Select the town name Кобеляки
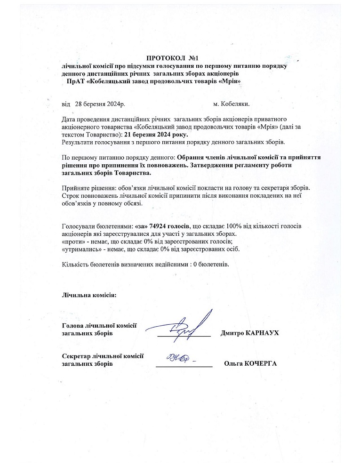pyautogui.click(x=235, y=103)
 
